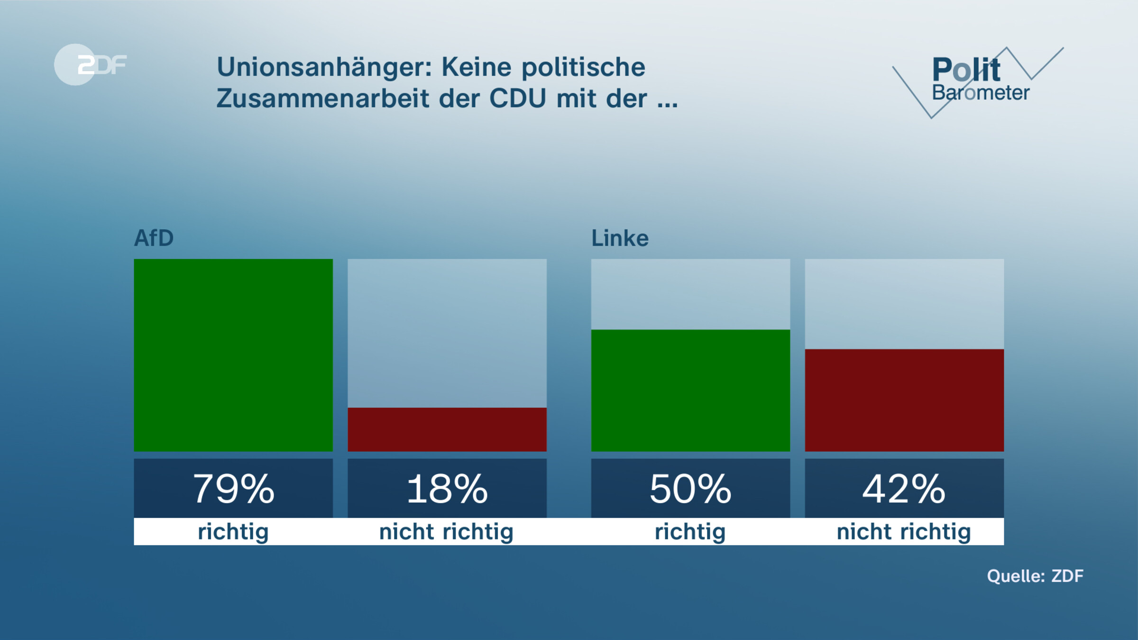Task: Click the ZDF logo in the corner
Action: [90, 64]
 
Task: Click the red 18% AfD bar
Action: [447, 429]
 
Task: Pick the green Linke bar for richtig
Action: [690, 390]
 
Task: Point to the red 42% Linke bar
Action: [904, 400]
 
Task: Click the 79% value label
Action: [233, 489]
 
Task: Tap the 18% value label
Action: [447, 489]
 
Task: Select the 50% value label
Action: [690, 489]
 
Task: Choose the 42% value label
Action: [904, 489]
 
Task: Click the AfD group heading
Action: [154, 238]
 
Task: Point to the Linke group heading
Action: [620, 238]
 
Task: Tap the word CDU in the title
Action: [517, 99]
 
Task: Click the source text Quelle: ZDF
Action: [1035, 576]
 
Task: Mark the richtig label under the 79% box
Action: [233, 532]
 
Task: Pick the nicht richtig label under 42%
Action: [904, 532]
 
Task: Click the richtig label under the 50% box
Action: [690, 532]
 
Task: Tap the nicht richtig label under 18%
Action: [447, 532]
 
